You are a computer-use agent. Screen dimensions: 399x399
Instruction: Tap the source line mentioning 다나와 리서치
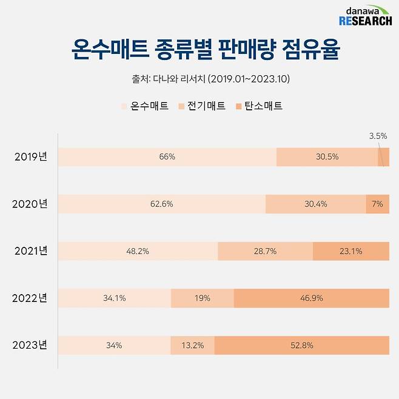pos(199,79)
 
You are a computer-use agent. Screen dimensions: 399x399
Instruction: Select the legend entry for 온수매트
pos(145,106)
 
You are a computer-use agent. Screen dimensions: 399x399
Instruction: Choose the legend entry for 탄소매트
pos(259,106)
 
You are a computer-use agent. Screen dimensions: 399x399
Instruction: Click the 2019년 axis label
pos(30,156)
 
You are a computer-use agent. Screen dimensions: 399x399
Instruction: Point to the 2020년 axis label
pos(30,204)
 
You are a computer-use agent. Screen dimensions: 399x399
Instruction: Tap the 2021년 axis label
pos(30,251)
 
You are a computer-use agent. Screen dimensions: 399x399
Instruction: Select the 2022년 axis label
pos(30,298)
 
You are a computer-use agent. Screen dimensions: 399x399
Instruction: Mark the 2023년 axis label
pos(30,346)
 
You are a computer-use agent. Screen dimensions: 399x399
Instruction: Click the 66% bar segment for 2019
pos(167,156)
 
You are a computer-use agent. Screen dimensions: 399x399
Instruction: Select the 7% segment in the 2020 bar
pos(377,204)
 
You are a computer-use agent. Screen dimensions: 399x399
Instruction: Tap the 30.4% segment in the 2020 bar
pos(315,204)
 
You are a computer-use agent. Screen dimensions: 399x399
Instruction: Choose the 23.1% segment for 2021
pos(350,251)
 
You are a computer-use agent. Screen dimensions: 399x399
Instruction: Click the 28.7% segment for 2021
pos(265,251)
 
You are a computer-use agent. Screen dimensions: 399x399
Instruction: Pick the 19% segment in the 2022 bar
pos(202,298)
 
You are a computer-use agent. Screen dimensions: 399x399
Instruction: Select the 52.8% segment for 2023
pos(301,346)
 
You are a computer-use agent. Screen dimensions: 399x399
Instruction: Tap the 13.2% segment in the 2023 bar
pos(192,346)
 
